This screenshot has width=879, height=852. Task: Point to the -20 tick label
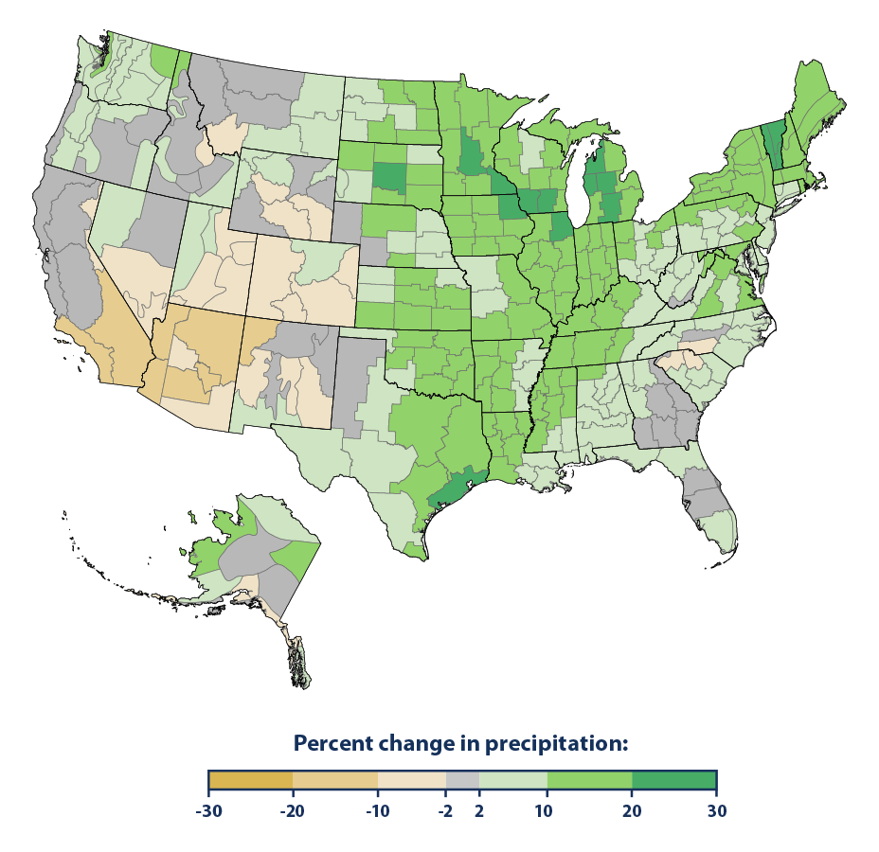tap(293, 811)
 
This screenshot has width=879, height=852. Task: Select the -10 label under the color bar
tap(377, 811)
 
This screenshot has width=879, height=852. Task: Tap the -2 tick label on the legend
tap(445, 811)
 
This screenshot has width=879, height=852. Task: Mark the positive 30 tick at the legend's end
tap(716, 811)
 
